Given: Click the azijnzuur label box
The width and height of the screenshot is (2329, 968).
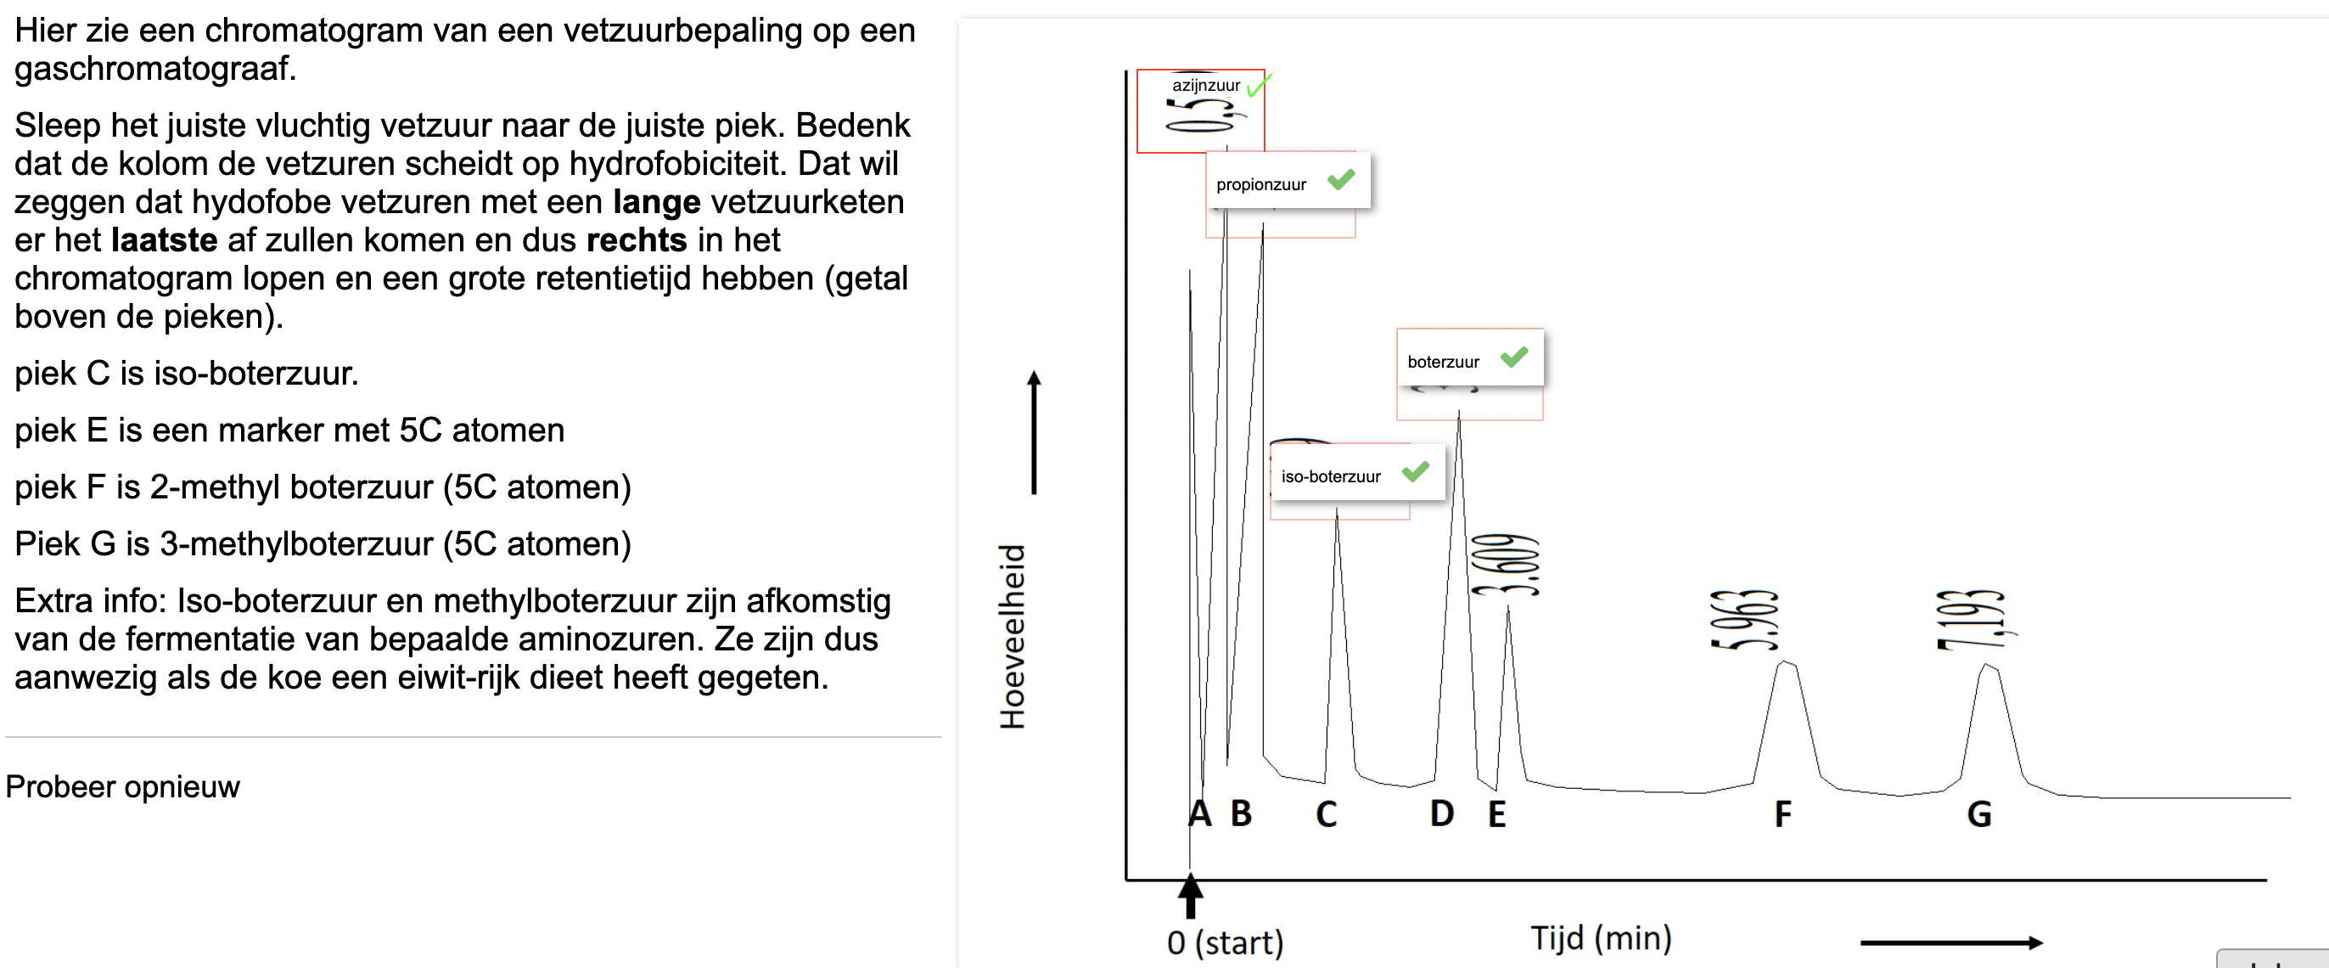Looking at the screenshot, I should [1205, 86].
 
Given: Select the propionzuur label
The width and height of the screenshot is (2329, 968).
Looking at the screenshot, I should [1261, 184].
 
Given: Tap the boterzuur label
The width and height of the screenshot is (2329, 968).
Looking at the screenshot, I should [1443, 362].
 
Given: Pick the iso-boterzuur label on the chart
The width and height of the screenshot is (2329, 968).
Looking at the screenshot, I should [1331, 476].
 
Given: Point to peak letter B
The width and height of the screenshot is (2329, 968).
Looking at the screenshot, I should [1242, 813].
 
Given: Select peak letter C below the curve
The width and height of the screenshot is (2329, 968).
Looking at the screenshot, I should [1327, 814].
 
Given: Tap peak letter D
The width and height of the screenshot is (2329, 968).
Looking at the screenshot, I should [1442, 813].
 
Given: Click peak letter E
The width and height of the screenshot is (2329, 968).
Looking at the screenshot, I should [1497, 814].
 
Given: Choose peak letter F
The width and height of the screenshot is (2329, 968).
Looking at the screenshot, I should [1783, 814].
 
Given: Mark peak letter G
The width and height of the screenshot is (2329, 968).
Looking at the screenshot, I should [1979, 814].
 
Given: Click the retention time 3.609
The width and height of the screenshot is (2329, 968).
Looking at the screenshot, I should [1506, 566].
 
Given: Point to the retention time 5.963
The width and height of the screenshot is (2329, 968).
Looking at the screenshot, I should [1744, 620].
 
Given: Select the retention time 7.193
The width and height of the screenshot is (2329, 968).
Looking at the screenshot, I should [1971, 620].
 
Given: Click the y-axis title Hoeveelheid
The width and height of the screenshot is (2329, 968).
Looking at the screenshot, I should [1013, 636].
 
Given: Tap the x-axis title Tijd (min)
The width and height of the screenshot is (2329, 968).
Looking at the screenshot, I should [1600, 938].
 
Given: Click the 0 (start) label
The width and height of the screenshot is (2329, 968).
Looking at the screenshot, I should [1225, 943].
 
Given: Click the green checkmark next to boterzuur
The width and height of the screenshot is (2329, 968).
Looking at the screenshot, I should [1514, 357].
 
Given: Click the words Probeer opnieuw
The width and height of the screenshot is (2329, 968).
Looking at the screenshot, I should [123, 787].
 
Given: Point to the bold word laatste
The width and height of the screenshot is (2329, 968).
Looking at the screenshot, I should [165, 240].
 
